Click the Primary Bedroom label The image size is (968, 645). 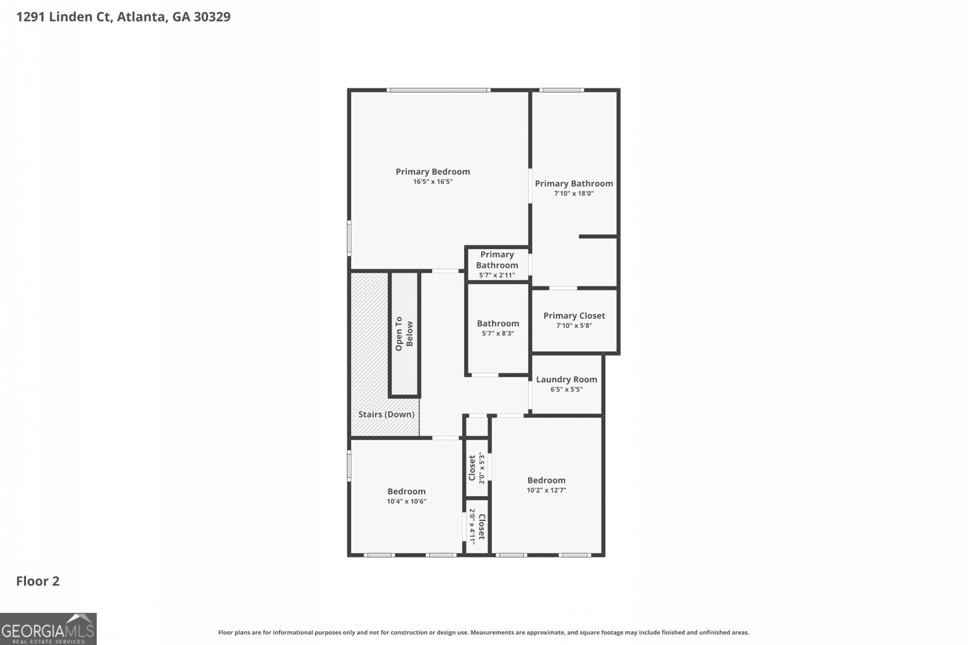(x=433, y=172)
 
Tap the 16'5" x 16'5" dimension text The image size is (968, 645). (x=433, y=181)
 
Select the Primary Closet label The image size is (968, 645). (x=574, y=316)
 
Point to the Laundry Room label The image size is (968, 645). (x=566, y=380)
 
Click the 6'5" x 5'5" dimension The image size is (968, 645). (x=566, y=389)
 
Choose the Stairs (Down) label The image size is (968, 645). (x=386, y=415)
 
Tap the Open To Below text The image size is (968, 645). (x=404, y=334)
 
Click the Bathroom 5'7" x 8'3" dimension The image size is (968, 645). (x=498, y=333)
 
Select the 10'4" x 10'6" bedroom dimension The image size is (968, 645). (x=407, y=501)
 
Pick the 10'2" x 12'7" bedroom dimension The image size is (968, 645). (x=546, y=490)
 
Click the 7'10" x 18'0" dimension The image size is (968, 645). (x=574, y=193)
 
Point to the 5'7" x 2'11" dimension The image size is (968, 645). (x=497, y=275)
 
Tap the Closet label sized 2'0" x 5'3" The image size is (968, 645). (x=473, y=468)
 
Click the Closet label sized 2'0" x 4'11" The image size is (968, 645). (x=482, y=527)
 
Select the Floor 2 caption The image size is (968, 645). (x=38, y=582)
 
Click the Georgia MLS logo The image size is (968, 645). (x=48, y=629)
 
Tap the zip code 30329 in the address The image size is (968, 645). (x=212, y=17)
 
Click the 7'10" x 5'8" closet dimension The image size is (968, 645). (x=574, y=325)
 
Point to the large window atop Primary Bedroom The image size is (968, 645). (x=439, y=90)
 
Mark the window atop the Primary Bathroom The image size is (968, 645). (x=561, y=90)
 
